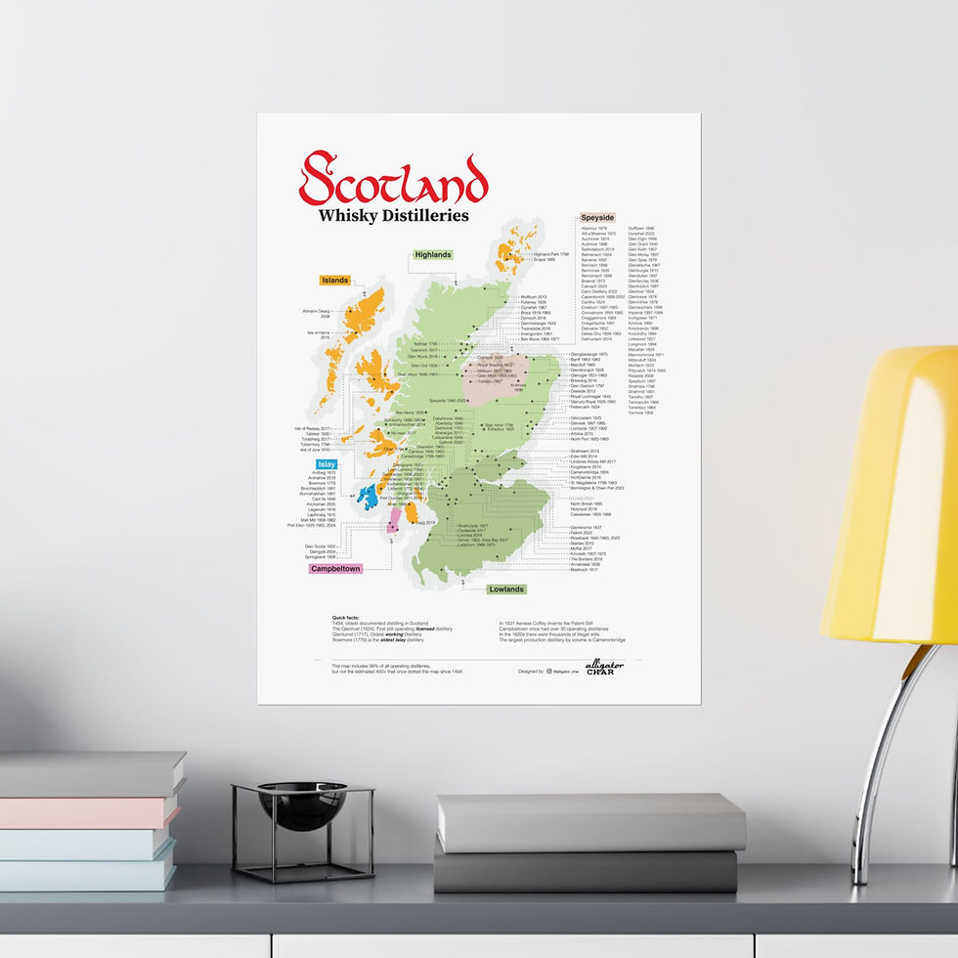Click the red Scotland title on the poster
pyautogui.click(x=393, y=179)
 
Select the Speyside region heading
pyautogui.click(x=597, y=217)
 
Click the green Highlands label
pyautogui.click(x=433, y=255)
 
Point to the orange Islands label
pyautogui.click(x=335, y=281)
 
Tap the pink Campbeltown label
pyautogui.click(x=335, y=568)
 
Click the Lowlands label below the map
pyautogui.click(x=507, y=589)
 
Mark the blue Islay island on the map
pyautogui.click(x=368, y=497)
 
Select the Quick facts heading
pyautogui.click(x=346, y=618)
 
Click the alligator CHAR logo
pyautogui.click(x=604, y=669)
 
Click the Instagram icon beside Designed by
pyautogui.click(x=549, y=672)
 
